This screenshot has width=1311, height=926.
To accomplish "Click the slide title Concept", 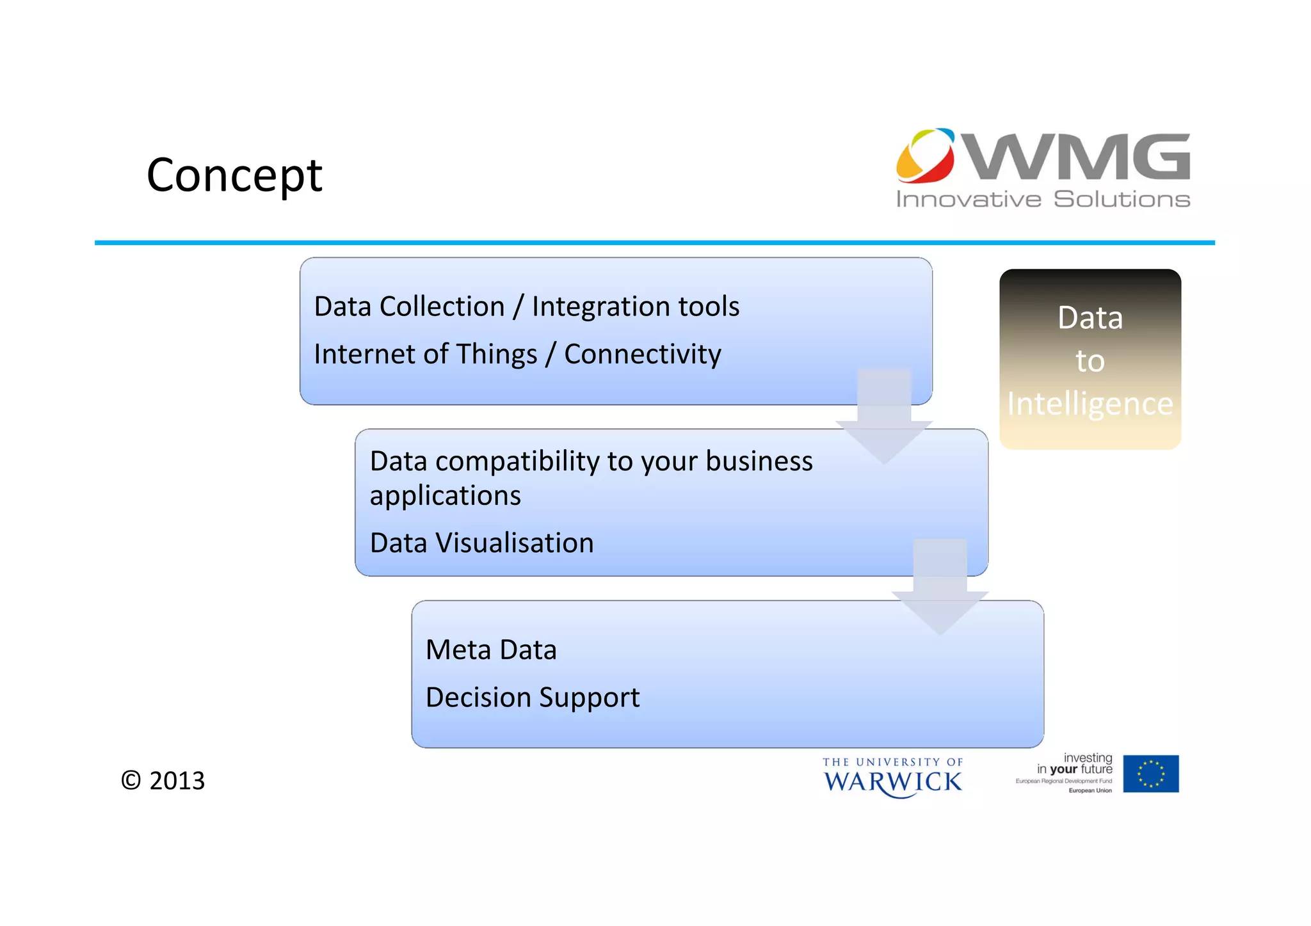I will [234, 175].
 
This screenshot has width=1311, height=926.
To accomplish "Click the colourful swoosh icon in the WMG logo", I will [925, 156].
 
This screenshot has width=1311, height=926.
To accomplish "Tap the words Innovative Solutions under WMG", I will [1043, 199].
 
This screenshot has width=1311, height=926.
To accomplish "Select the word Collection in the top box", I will [442, 307].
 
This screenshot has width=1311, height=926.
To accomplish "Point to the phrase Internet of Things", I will [425, 354].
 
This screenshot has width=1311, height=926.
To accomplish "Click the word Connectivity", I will [642, 354].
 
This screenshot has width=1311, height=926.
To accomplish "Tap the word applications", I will [445, 495].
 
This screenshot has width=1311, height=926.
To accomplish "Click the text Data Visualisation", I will [481, 543].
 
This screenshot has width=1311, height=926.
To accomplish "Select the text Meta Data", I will [491, 650].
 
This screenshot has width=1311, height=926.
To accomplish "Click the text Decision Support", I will [532, 697].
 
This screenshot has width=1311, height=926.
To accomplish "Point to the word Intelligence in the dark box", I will [1090, 404].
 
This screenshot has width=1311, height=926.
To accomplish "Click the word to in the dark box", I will [1090, 361].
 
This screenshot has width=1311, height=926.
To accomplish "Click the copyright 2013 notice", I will [163, 780].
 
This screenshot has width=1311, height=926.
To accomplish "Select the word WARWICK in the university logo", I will [892, 782].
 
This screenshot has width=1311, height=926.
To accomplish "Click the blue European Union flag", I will [1150, 774].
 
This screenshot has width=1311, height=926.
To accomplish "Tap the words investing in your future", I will [1075, 763].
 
